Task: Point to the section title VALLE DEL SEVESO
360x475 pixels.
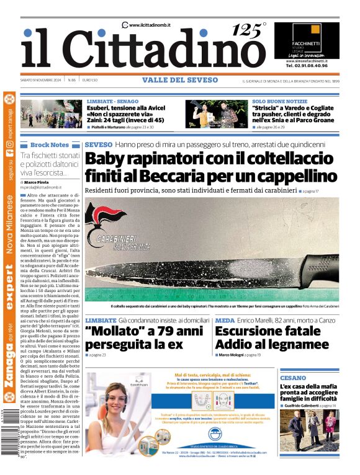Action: (x=180, y=80)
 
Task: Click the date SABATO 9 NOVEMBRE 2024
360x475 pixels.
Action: (x=41, y=80)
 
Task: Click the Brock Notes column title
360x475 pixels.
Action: (x=50, y=144)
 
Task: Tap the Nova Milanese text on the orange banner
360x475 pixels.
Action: (x=9, y=226)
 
